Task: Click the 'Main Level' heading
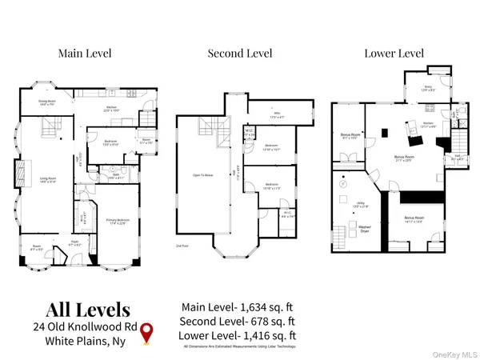[84, 54]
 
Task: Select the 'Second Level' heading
[239, 54]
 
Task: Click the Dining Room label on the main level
[47, 103]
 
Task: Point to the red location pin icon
[146, 336]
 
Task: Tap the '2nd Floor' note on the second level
[182, 246]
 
